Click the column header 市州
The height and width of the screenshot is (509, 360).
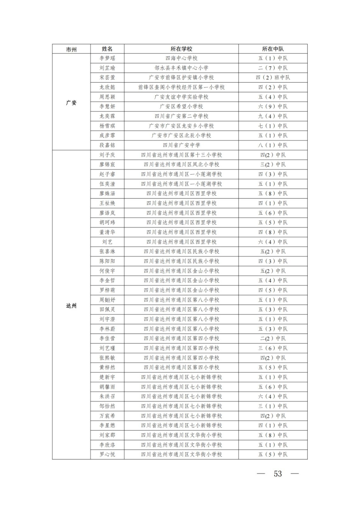71,49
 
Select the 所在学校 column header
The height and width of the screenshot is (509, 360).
181,49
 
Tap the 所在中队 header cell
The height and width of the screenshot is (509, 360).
273,49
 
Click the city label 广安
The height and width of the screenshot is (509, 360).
71,103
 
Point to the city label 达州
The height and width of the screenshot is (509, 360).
71,306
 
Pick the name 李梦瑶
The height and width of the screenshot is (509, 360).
107,58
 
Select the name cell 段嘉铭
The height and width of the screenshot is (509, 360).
107,145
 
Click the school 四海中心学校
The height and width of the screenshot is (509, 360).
181,58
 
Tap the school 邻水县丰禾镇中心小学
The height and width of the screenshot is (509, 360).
181,68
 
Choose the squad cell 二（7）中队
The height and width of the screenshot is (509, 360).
273,68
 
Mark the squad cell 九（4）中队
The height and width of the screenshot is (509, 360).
273,116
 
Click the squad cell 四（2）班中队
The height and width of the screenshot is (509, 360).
273,78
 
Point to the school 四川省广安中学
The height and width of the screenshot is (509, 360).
181,145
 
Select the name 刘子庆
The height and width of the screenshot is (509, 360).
107,155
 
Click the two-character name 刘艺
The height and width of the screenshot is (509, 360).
107,242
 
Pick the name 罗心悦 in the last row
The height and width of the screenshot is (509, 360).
107,454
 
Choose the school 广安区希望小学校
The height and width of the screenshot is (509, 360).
181,107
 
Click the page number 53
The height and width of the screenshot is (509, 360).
278,474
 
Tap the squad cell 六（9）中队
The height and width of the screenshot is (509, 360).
273,107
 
